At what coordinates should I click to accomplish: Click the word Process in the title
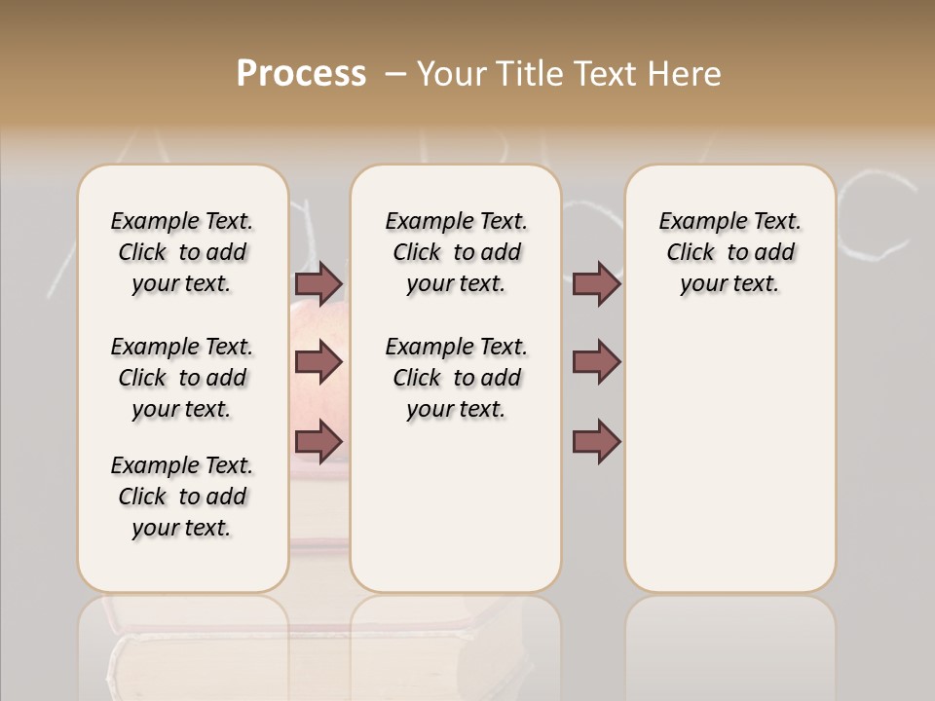301,74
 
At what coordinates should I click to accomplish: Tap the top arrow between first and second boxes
318,283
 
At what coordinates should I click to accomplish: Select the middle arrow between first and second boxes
318,362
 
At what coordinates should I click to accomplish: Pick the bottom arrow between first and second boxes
318,441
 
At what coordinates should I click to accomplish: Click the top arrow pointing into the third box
596,283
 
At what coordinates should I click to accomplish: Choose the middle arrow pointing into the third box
596,362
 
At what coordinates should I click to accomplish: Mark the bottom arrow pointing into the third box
596,441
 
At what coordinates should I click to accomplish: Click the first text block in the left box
182,252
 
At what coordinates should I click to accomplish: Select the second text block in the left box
182,378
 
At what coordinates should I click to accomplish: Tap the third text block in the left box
182,497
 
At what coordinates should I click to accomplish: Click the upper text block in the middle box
456,252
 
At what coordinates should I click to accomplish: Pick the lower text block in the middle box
456,378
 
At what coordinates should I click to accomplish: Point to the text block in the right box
729,252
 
